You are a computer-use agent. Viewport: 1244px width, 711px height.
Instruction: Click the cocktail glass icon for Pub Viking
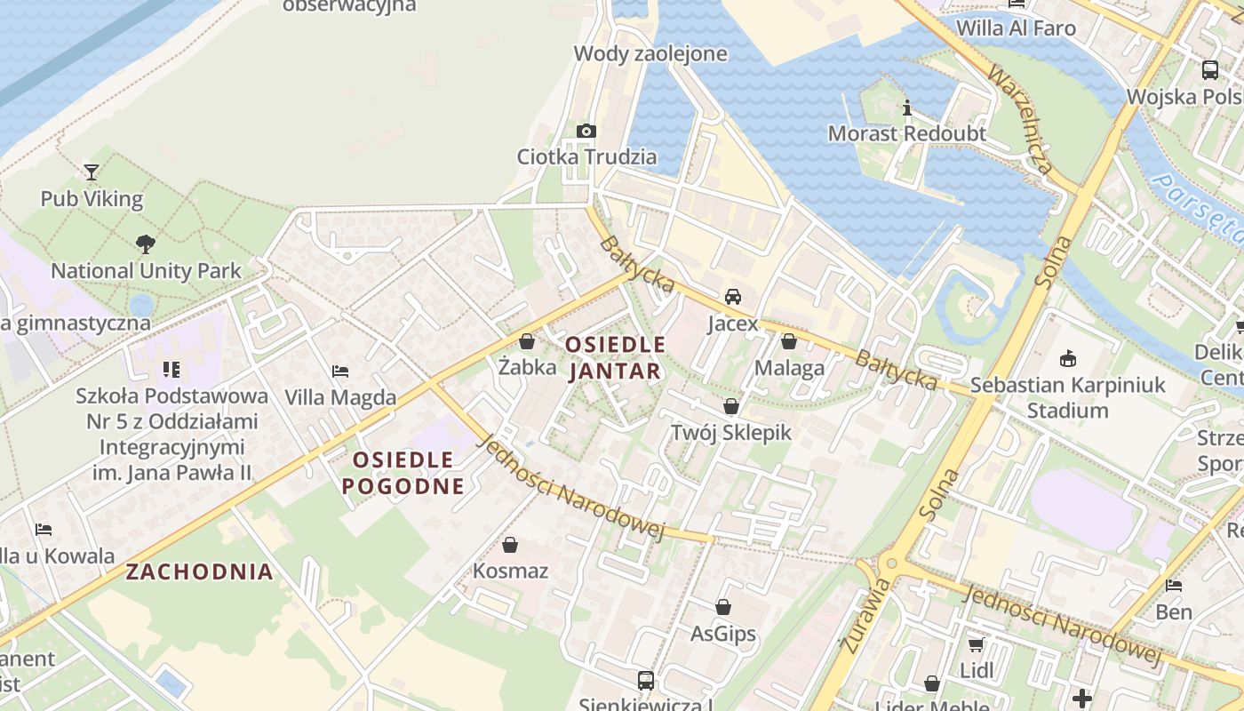tap(91, 172)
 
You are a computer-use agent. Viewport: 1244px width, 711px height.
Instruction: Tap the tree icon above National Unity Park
tap(145, 244)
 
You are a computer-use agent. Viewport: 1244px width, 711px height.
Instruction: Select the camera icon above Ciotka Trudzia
tap(586, 131)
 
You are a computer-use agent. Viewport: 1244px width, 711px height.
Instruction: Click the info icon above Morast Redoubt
tap(906, 108)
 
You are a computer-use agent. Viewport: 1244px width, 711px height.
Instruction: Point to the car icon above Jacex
tap(732, 297)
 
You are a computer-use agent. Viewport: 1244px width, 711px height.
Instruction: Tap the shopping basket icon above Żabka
tap(527, 341)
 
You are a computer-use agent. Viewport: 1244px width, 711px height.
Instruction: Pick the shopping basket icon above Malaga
tap(788, 341)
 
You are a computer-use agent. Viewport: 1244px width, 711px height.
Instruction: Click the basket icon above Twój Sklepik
tap(730, 407)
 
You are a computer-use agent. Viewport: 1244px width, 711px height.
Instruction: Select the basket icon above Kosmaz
tap(510, 544)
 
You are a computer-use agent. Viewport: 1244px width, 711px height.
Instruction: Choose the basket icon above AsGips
tap(723, 607)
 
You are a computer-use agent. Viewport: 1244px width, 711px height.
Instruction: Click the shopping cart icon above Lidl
tap(976, 643)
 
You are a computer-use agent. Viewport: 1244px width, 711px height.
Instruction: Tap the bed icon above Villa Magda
tap(339, 371)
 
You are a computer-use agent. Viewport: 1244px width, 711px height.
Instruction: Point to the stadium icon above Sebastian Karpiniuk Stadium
tap(1067, 359)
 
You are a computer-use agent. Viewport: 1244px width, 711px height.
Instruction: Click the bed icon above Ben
tap(1173, 586)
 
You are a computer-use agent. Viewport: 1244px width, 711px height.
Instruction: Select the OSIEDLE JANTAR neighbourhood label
tap(615, 357)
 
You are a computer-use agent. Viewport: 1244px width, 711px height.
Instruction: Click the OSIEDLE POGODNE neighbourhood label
tap(403, 473)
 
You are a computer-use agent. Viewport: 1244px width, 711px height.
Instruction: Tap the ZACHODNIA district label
tap(199, 571)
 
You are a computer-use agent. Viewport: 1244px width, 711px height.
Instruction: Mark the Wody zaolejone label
tap(650, 53)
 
